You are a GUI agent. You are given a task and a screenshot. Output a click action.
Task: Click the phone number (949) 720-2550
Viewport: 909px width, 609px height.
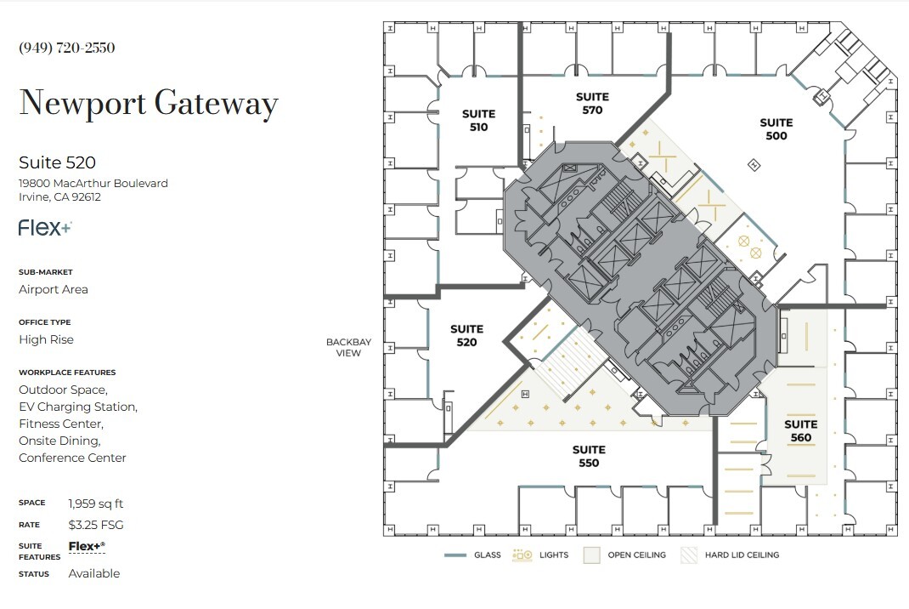[x=67, y=48]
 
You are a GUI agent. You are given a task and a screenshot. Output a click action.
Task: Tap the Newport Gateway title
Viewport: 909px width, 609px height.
[x=149, y=104]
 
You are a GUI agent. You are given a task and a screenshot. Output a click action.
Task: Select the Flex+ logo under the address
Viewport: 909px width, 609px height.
[x=45, y=228]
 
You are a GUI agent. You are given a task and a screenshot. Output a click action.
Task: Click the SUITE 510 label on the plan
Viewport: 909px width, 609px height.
[x=478, y=121]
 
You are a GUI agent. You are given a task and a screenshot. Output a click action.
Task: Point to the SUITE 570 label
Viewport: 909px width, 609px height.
[x=592, y=104]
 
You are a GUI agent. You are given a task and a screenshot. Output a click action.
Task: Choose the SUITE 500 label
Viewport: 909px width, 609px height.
[x=776, y=129]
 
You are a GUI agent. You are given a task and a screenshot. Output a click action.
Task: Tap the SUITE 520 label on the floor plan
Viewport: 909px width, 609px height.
[x=466, y=336]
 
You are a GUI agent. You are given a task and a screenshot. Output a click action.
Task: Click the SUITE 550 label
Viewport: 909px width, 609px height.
[x=589, y=457]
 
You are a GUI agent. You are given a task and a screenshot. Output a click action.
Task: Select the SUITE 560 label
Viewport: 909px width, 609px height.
[x=800, y=431]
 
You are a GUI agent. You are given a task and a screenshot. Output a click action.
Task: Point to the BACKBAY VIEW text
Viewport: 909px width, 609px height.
[x=349, y=348]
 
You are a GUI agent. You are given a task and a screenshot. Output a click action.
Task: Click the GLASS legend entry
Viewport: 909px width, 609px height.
[x=473, y=555]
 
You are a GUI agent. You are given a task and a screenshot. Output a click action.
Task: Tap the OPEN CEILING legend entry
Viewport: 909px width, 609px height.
[x=625, y=555]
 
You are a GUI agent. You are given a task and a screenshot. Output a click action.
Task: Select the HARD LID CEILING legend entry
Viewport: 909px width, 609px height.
[x=731, y=555]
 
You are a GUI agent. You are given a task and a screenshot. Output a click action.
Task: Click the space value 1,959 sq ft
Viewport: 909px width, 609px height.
[x=96, y=504]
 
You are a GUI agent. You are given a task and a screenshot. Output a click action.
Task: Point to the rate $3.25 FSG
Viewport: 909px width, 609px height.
[x=96, y=525]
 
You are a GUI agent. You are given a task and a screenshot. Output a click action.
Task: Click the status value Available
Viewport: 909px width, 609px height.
[x=94, y=573]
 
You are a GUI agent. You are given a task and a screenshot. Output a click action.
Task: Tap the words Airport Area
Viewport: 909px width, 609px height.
[x=54, y=289]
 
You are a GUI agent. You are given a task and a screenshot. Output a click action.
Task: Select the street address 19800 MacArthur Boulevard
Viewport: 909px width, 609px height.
[x=93, y=184]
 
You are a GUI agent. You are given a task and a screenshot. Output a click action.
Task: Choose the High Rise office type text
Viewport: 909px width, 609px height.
[x=47, y=339]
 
